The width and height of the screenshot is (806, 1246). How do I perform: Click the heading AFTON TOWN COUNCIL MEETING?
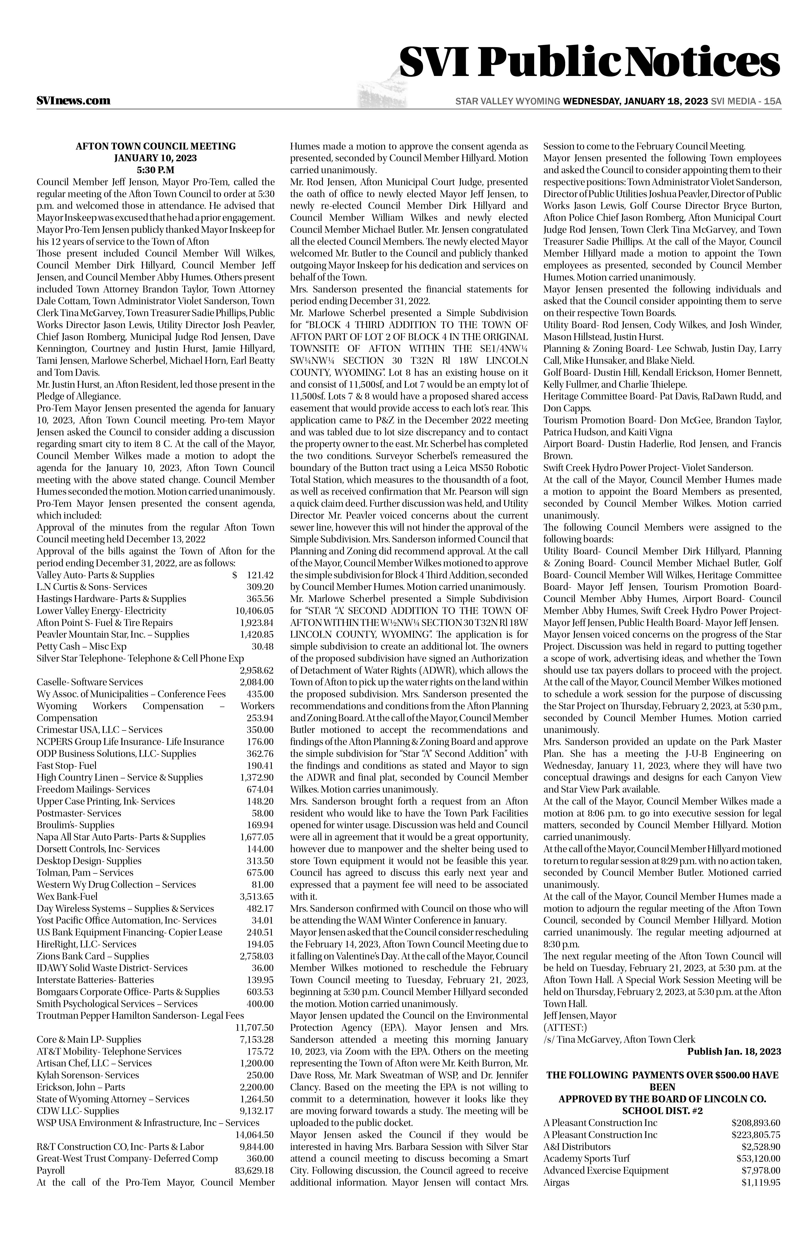point(156,146)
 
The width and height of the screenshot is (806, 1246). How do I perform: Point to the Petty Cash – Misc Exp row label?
point(81,646)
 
